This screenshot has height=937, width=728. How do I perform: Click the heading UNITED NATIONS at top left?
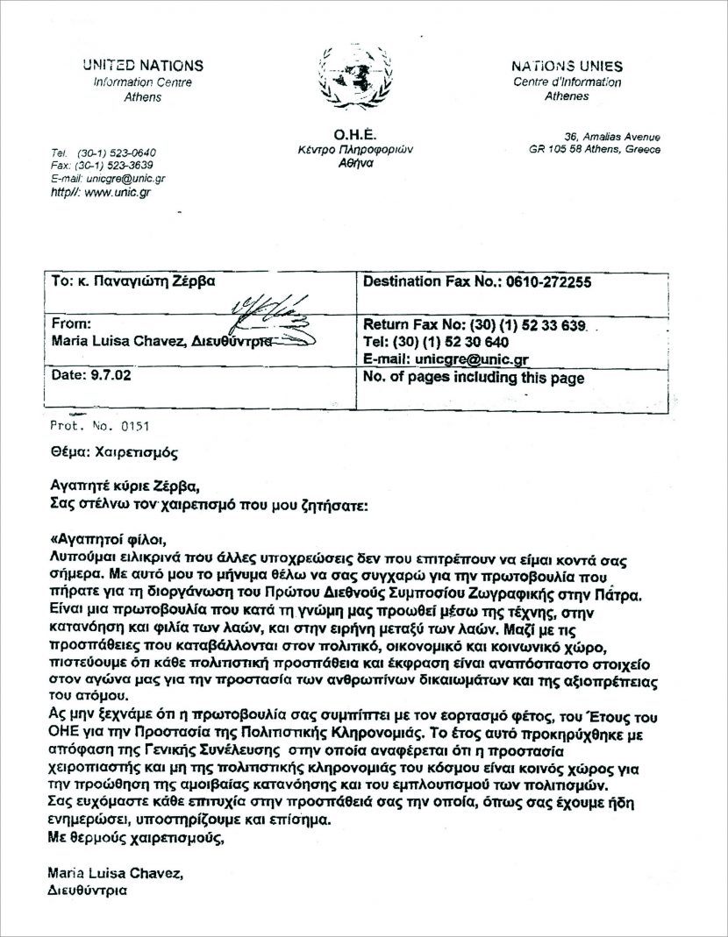point(143,66)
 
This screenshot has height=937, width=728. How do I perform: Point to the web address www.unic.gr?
point(118,191)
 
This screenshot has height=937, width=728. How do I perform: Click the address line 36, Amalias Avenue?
point(612,137)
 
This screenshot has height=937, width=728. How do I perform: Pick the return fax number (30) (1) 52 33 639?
point(524,325)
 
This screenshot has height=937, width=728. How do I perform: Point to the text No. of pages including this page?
point(473,378)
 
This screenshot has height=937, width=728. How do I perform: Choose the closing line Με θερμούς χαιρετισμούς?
point(132,837)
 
